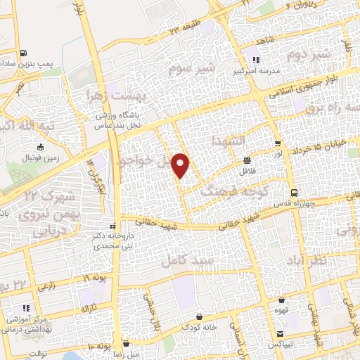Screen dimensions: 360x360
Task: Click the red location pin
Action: pos(181,165)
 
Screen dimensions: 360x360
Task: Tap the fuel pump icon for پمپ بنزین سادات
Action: pos(24,53)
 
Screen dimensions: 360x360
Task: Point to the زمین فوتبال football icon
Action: pos(40,147)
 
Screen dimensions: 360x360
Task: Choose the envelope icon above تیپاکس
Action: pos(281,333)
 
